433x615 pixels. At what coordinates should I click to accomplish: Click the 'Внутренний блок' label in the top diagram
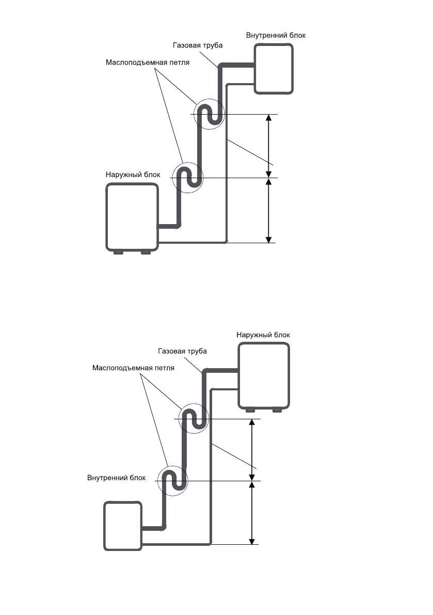tap(276, 35)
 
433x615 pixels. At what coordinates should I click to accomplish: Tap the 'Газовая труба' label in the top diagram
tap(198, 45)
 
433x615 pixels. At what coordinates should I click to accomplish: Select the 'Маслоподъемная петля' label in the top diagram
tap(147, 62)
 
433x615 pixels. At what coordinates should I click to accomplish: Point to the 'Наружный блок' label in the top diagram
tap(133, 175)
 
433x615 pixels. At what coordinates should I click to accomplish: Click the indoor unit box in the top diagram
tap(274, 69)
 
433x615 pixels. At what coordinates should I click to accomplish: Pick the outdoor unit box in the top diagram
tap(132, 217)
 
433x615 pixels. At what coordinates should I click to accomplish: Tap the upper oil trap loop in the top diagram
tap(210, 114)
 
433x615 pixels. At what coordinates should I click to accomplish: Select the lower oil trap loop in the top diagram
tap(188, 178)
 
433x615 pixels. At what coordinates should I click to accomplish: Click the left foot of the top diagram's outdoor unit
tap(118, 253)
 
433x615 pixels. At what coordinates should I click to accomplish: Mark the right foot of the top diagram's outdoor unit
tap(146, 253)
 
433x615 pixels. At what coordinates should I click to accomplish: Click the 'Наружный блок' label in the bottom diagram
tap(263, 335)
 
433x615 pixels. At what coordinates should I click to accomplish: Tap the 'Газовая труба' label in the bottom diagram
tap(182, 351)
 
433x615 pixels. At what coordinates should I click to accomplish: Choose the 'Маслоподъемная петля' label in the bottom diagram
tap(133, 368)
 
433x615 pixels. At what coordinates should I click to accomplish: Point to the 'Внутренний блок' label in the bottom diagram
tap(117, 478)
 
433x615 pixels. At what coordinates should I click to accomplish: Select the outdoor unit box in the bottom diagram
tap(264, 376)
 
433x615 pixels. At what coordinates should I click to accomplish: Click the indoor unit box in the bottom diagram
tap(123, 526)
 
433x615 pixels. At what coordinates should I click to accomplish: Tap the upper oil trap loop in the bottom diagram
tap(194, 418)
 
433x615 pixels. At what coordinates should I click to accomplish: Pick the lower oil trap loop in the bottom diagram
tap(173, 481)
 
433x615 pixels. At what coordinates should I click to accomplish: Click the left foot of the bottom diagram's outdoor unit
tap(250, 411)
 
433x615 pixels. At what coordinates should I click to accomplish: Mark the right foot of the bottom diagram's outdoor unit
tap(277, 411)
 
